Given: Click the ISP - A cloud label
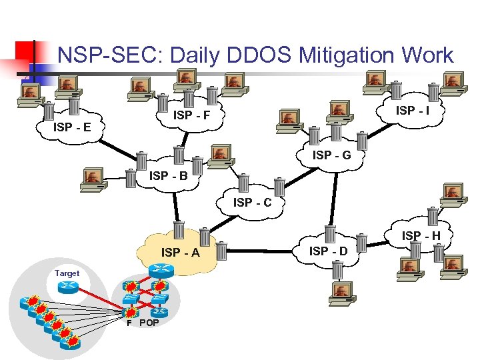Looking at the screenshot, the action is (180, 253).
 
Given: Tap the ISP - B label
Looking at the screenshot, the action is (169, 177).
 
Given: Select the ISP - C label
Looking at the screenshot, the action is (252, 202).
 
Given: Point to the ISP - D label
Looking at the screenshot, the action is (329, 251).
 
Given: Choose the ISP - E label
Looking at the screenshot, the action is (73, 127).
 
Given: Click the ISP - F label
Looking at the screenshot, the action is (192, 116).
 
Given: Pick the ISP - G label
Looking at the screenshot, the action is (332, 155).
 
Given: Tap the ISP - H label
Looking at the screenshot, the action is (421, 235).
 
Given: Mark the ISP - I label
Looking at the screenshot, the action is (413, 110).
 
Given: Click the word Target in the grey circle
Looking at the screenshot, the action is (67, 273).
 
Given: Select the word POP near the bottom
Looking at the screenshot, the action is (149, 323).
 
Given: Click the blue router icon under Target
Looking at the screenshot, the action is (67, 287).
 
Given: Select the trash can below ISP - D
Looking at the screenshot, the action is (337, 269).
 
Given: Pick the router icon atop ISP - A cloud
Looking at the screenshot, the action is (161, 271).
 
